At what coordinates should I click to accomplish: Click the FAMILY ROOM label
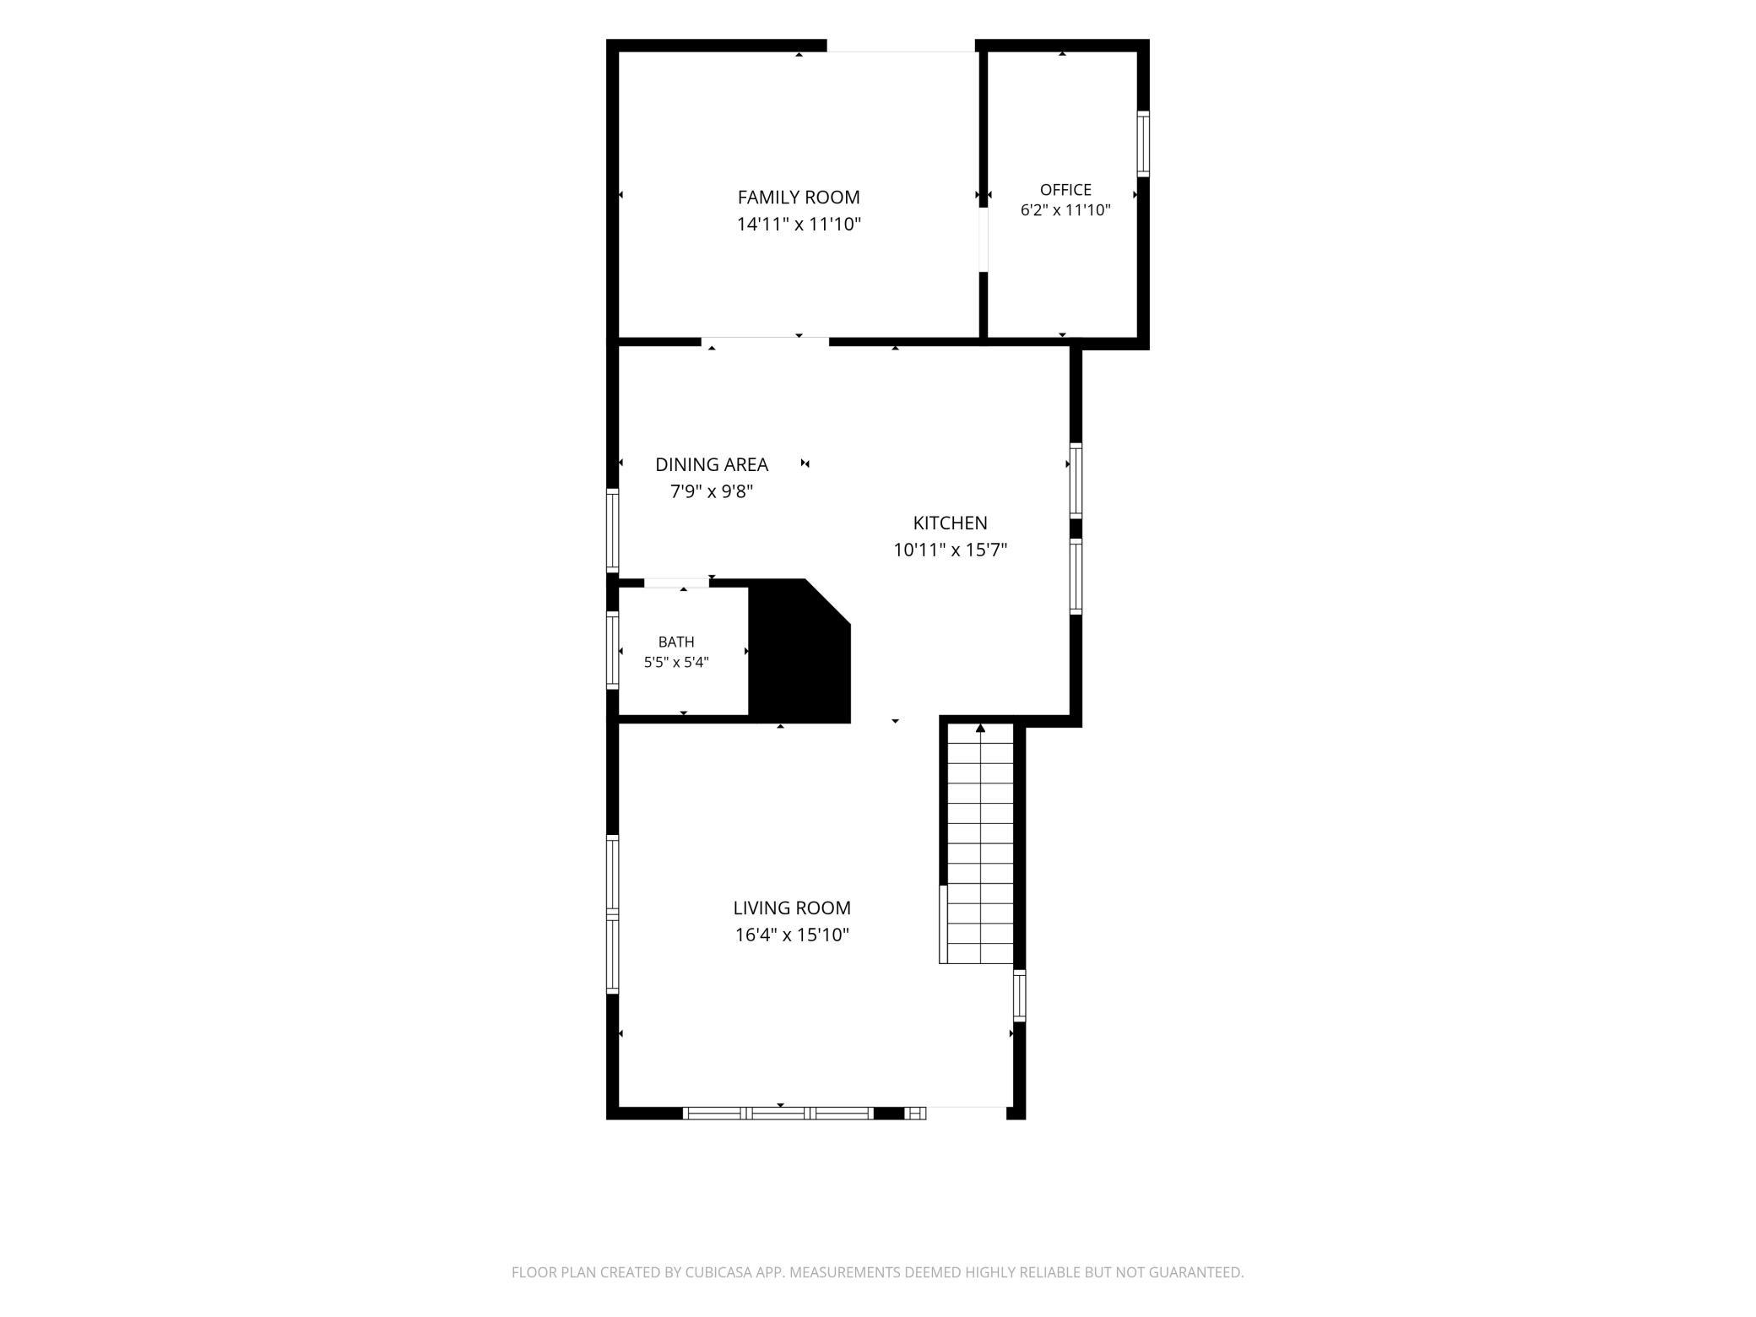[799, 198]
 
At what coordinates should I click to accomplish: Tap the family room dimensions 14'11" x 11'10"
[799, 225]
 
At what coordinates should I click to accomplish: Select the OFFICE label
[1065, 190]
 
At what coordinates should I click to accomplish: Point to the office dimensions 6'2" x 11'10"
[1065, 211]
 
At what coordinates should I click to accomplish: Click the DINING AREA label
[712, 464]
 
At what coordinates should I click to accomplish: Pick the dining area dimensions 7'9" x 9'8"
[712, 491]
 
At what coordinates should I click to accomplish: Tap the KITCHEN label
[951, 523]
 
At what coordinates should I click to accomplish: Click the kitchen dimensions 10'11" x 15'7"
[951, 550]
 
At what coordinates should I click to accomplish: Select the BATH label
[676, 642]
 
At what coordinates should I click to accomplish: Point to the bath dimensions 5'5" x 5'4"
[676, 663]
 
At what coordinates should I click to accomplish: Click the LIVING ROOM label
[792, 908]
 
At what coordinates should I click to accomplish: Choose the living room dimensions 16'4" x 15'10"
[792, 935]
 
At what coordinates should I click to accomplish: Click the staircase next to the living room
[979, 843]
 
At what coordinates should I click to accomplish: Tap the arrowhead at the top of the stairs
[980, 728]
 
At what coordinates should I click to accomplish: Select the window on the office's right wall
[1143, 144]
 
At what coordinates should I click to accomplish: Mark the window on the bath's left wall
[613, 651]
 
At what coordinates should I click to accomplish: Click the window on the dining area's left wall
[613, 532]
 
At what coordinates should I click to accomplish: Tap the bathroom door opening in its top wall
[676, 583]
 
